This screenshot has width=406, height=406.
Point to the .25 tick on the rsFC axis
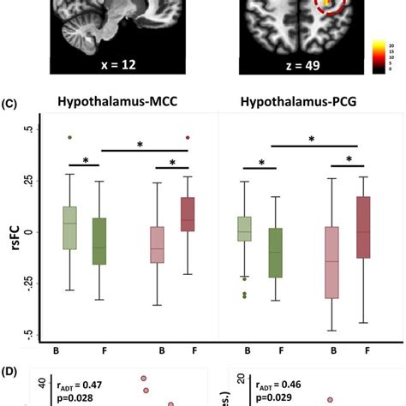click(x=30, y=181)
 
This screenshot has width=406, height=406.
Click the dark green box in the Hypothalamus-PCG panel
click(x=275, y=253)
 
